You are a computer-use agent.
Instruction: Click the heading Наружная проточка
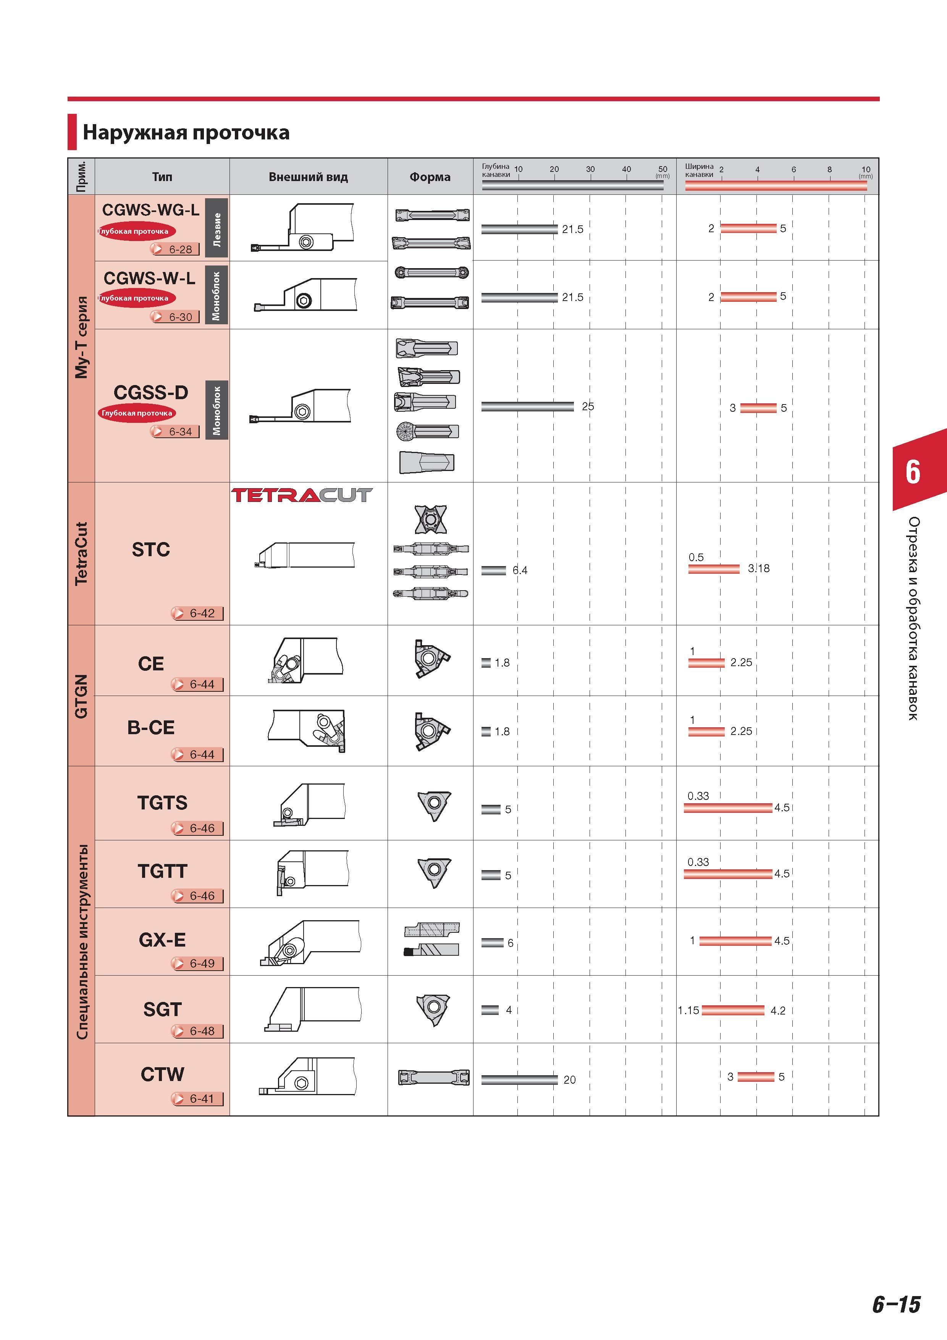[186, 133]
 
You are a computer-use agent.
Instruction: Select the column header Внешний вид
[308, 177]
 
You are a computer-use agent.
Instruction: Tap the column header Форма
[430, 177]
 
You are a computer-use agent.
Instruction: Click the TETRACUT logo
[302, 495]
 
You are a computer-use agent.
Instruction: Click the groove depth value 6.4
[520, 570]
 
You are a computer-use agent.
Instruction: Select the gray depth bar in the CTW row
[519, 1080]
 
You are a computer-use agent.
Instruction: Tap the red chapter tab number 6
[913, 472]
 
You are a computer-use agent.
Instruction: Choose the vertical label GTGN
[81, 696]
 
